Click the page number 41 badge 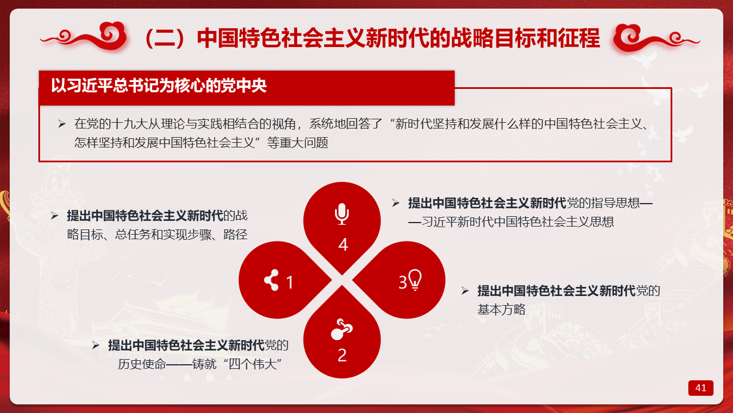click(x=700, y=388)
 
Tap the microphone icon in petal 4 click(x=342, y=214)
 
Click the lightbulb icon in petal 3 click(x=415, y=279)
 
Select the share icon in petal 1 click(x=271, y=280)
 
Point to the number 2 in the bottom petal click(x=342, y=355)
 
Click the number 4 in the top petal click(x=343, y=244)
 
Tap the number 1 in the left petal click(x=290, y=282)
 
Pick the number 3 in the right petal click(x=403, y=282)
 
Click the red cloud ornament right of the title click(x=656, y=38)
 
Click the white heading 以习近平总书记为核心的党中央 click(x=159, y=85)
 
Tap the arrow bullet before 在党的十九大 click(x=62, y=124)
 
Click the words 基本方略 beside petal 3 click(x=501, y=309)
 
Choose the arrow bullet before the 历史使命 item click(x=96, y=345)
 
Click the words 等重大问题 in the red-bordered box click(x=297, y=143)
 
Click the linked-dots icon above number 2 click(x=342, y=329)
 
